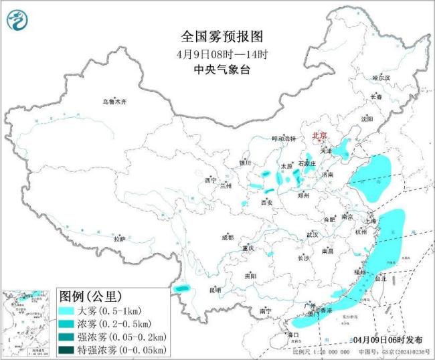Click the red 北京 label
click(x=319, y=136)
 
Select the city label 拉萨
click(x=119, y=239)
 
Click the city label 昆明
click(x=215, y=290)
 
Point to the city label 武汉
click(x=313, y=235)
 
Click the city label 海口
click(x=292, y=334)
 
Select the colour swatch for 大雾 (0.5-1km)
click(x=73, y=311)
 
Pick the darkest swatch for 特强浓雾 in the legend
click(x=73, y=349)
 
